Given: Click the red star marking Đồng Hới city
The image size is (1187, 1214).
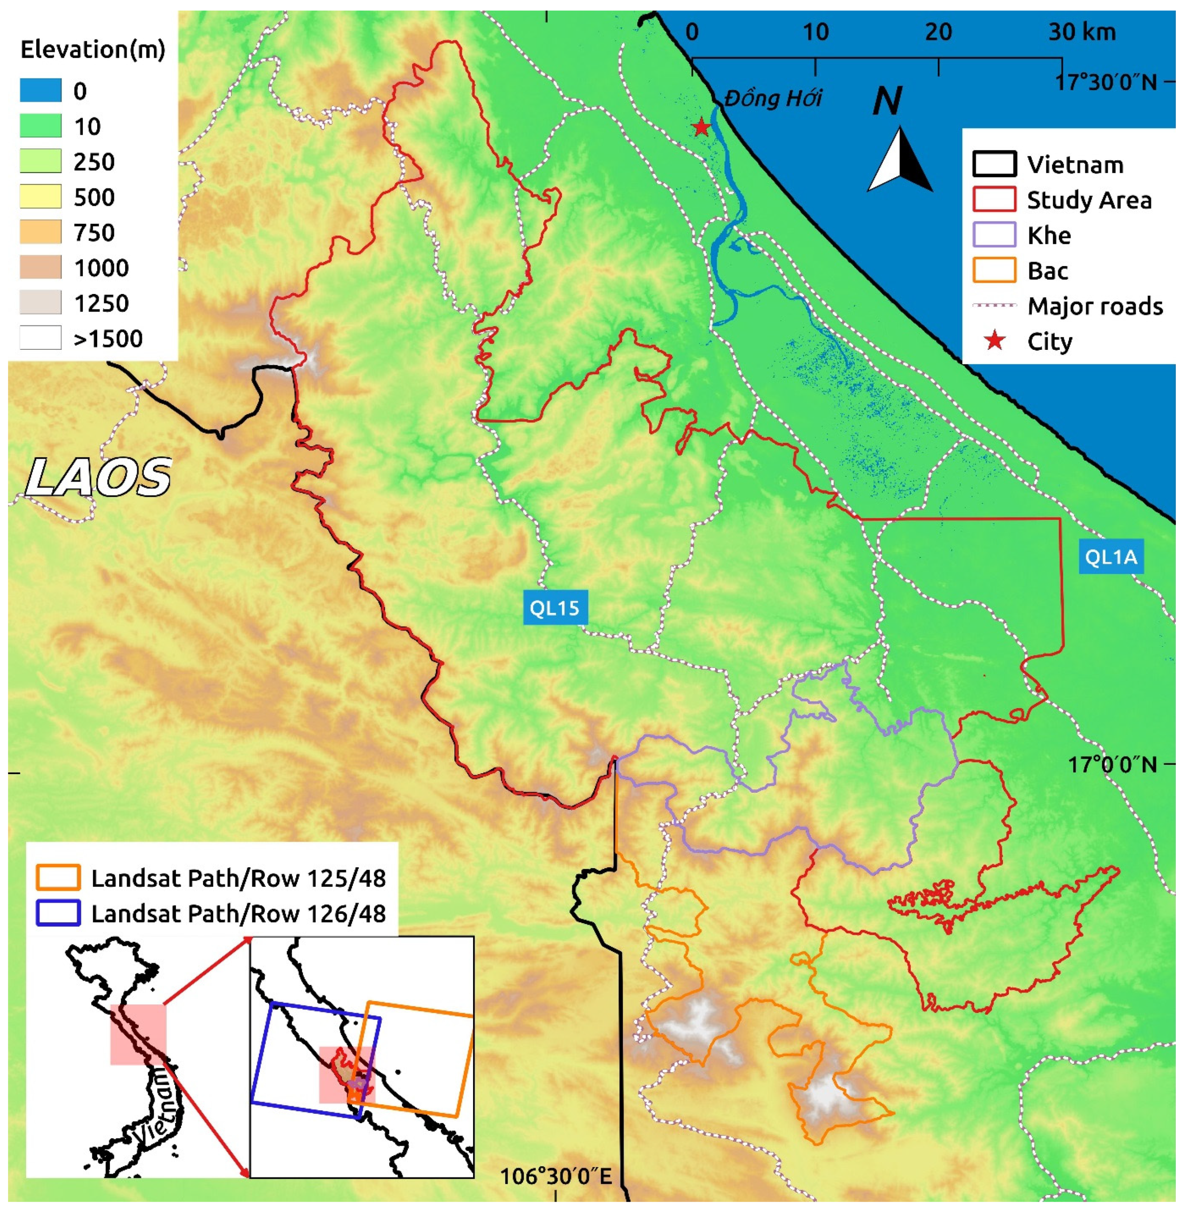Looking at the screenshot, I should [x=701, y=128].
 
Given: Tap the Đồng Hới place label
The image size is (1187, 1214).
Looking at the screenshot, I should [x=773, y=98].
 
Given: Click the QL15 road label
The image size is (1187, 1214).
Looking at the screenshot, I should [x=554, y=608].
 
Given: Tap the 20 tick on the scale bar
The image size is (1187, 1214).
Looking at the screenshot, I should [x=938, y=32].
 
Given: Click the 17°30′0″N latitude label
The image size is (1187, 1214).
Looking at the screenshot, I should [x=1105, y=82].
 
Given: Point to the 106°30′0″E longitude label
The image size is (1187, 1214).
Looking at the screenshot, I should [x=556, y=1177].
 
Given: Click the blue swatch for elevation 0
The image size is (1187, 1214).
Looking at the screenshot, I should [x=40, y=91].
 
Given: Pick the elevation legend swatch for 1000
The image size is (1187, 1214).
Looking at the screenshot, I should [x=40, y=267].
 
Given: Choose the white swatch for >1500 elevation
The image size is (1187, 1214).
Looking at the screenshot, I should [x=40, y=338].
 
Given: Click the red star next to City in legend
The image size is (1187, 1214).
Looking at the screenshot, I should [x=995, y=341].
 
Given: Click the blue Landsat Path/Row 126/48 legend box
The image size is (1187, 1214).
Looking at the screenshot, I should [x=58, y=913].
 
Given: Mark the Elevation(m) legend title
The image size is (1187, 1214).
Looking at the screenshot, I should [x=93, y=49].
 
